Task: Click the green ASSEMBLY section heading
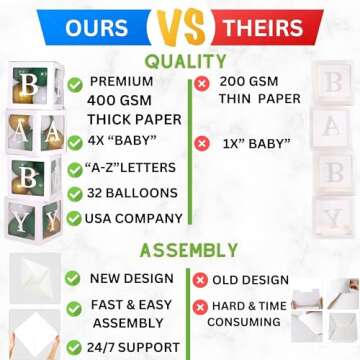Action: click(187, 250)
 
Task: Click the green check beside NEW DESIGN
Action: click(72, 276)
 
